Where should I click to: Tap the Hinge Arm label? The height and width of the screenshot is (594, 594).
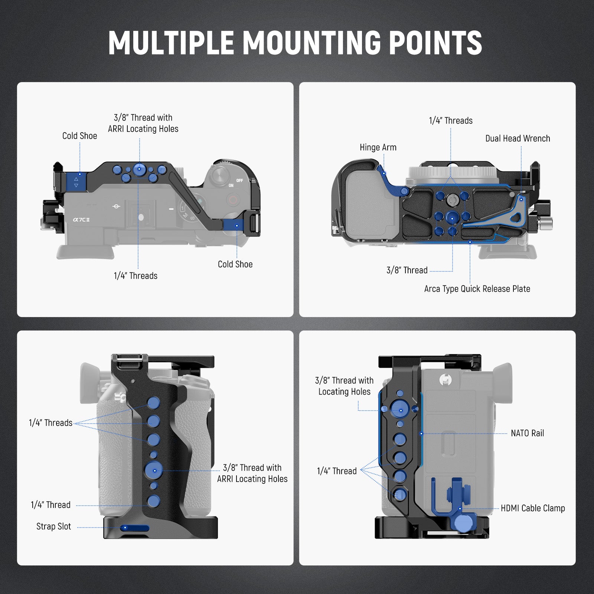[x=378, y=147]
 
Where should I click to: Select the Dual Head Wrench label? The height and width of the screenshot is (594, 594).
[x=518, y=138]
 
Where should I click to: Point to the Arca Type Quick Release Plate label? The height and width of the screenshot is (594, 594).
[x=477, y=289]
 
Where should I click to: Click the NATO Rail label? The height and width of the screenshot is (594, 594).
[x=527, y=433]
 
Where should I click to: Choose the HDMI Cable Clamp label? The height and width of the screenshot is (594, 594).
[x=533, y=508]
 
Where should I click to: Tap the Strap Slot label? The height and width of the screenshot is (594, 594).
[x=53, y=526]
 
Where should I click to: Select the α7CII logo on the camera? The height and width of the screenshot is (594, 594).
[x=81, y=219]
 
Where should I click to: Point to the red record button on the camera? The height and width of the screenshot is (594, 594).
[x=233, y=201]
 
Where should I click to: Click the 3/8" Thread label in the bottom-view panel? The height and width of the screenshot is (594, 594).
[x=407, y=270]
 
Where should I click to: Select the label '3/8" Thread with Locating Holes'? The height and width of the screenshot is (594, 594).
[x=344, y=386]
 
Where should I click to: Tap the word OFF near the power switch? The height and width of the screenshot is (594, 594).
[x=239, y=180]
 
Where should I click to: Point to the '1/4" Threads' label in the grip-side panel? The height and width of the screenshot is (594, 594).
[x=50, y=423]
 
